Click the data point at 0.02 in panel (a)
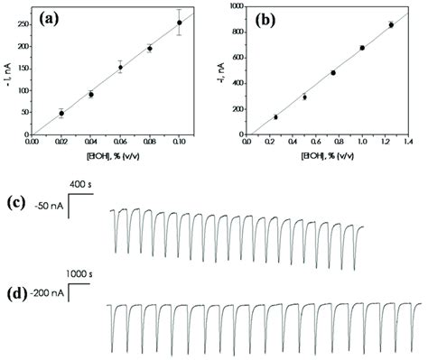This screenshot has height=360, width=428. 61,113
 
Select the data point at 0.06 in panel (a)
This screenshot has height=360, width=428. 120,67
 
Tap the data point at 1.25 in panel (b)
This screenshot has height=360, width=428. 390,24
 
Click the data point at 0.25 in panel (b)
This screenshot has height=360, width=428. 275,117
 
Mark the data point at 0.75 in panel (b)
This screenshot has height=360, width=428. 333,72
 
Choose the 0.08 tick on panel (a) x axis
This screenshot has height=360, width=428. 150,141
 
